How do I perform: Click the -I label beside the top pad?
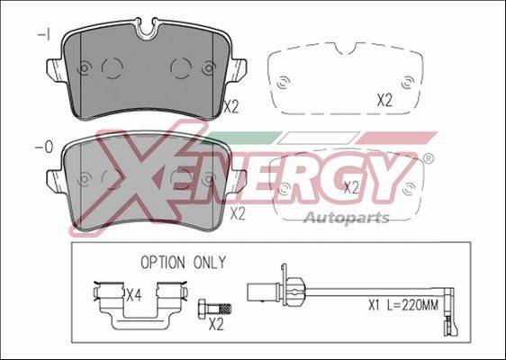pyautogui.click(x=44, y=34)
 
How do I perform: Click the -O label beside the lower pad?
pyautogui.click(x=43, y=148)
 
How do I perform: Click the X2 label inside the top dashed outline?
pyautogui.click(x=384, y=100)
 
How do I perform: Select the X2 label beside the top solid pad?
pyautogui.click(x=231, y=107)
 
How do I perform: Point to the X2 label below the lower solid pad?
pyautogui.click(x=238, y=213)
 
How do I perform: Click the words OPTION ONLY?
pyautogui.click(x=184, y=263)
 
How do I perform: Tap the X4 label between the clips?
pyautogui.click(x=133, y=295)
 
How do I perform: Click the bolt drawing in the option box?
pyautogui.click(x=214, y=309)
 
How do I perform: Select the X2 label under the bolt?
pyautogui.click(x=216, y=324)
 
